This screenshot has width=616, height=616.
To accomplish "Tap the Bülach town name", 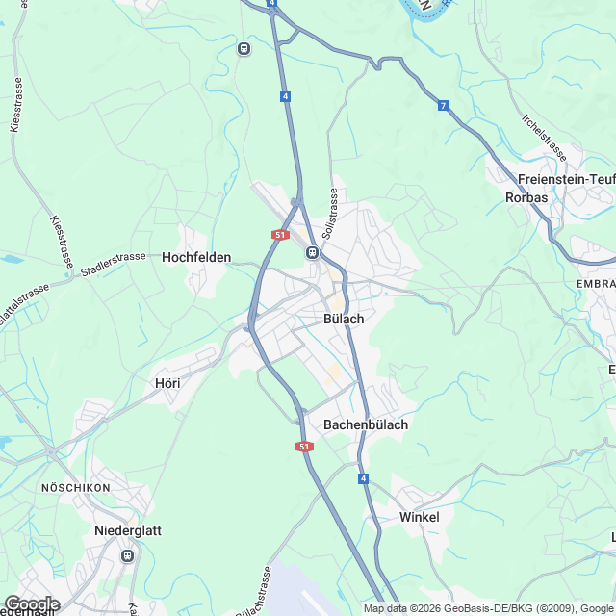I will (343, 319).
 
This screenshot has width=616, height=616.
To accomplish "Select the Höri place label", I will (167, 382).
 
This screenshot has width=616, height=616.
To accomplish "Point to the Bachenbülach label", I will (366, 424).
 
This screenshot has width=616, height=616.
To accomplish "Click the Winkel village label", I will (419, 517).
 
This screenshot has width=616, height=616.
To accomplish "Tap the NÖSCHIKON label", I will (76, 488).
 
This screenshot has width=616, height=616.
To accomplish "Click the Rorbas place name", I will (526, 197).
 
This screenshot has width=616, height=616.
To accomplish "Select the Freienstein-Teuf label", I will (565, 179).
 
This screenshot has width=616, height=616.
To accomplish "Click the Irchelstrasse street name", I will (543, 137).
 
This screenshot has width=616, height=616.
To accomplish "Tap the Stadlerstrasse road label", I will (114, 262).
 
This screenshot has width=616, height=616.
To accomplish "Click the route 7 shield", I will (443, 105).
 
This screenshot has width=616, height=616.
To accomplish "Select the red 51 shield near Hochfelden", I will (280, 234).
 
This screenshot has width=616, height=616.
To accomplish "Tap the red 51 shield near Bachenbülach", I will (305, 447).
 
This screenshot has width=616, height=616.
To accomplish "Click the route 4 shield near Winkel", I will (363, 478).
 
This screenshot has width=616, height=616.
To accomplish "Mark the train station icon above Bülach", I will (312, 252).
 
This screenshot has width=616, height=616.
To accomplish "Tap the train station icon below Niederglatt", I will (126, 555).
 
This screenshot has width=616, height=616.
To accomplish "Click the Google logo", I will (32, 603).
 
